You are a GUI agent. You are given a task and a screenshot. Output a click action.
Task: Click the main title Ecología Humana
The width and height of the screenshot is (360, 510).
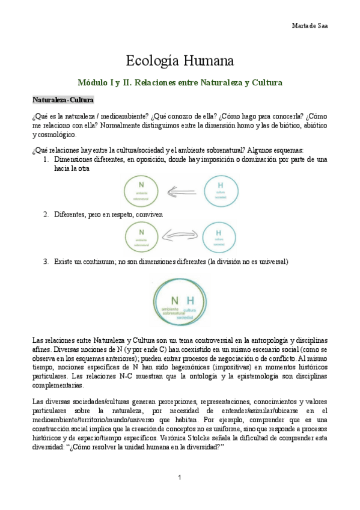[180, 61]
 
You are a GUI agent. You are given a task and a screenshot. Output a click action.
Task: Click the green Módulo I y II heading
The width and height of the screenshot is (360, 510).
[180, 82]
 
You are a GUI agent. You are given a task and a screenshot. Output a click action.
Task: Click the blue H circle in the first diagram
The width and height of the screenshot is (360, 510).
[219, 191]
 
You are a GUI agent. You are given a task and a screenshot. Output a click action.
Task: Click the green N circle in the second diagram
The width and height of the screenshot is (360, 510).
[141, 235]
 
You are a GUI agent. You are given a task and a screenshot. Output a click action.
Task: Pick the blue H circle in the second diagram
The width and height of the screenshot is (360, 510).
[219, 236]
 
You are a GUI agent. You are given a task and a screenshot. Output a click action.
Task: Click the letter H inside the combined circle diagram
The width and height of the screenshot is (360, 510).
[191, 300]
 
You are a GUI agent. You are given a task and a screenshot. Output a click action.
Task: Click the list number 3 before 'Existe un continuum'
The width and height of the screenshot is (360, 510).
[46, 262]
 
